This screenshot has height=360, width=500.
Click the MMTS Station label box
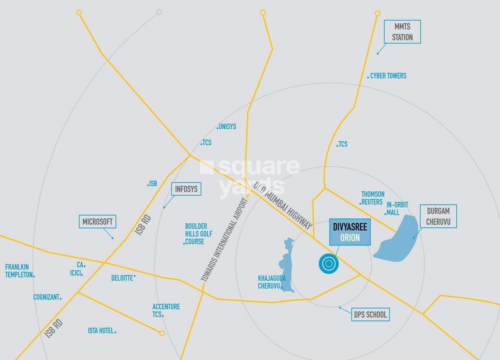click(402, 32)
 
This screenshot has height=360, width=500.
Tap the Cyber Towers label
click(388, 76)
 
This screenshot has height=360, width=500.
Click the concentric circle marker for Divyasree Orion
click(329, 264)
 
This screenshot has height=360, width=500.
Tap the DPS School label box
click(370, 315)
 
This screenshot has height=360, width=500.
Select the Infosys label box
click(186, 189)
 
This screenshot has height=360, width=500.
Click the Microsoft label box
click(97, 222)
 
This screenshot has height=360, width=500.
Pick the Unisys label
click(227, 126)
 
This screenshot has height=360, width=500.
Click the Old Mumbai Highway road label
click(282, 206)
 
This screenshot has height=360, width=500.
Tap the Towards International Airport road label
click(225, 240)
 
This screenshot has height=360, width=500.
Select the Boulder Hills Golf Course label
click(198, 234)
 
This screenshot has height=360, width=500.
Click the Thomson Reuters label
click(372, 198)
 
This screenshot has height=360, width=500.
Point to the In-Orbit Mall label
click(397, 208)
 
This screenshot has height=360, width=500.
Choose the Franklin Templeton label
click(19, 271)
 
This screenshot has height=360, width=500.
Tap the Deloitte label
click(122, 278)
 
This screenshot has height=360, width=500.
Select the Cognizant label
click(46, 297)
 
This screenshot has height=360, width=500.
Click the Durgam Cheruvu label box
click(438, 216)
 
